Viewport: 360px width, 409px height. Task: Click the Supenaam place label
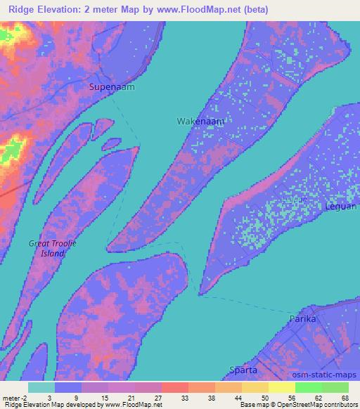111,87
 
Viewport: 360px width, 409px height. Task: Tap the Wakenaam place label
200,122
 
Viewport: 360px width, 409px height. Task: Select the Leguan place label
341,207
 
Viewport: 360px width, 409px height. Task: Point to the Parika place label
304,319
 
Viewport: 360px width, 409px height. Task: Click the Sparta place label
243,370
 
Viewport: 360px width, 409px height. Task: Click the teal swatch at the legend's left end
41,387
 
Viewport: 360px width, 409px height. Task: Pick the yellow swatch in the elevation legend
282,387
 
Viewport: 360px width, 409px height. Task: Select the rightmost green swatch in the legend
335,387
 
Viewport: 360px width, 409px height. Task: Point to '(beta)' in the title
252,10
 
